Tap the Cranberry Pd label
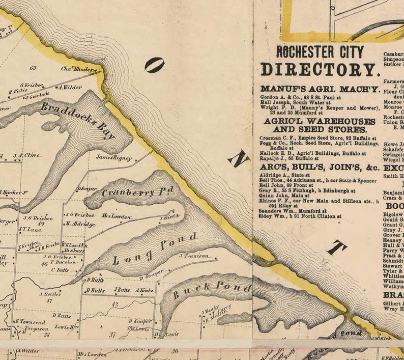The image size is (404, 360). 137,191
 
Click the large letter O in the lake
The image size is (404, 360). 154,65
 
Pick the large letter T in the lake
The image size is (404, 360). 336,248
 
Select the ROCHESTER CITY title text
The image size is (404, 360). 320,52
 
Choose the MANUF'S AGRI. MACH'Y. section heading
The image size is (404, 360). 320,89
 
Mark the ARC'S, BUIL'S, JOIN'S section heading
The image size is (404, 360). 319,167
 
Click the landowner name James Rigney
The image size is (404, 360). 114,158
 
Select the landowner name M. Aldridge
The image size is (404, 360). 79,224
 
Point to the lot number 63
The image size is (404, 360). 33,67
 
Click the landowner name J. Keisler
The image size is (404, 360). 50,294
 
